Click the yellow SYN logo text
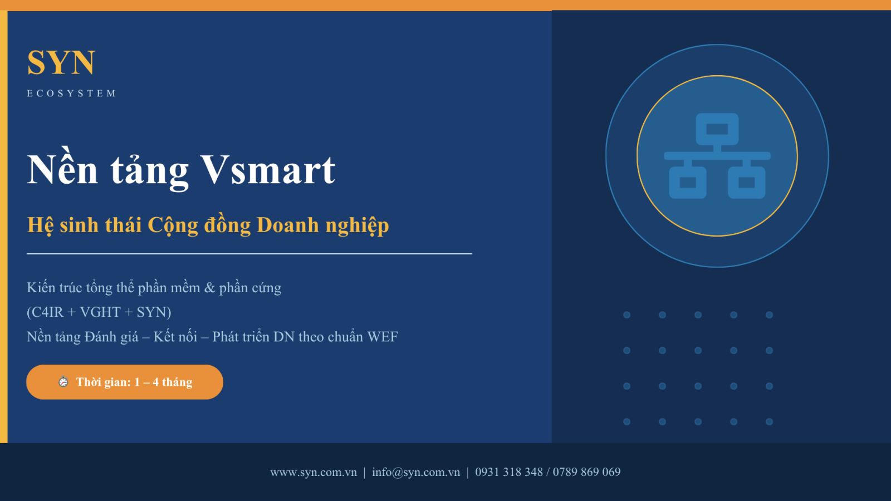61,62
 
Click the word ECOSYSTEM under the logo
72,94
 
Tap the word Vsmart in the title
268,170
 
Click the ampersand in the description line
209,288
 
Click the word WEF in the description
382,337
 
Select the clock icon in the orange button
63,382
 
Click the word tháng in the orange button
177,382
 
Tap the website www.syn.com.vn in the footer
314,473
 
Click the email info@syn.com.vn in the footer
415,473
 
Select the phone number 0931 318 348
509,472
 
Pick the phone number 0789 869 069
586,472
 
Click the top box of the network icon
717,129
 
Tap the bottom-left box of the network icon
688,183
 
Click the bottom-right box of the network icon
747,183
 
